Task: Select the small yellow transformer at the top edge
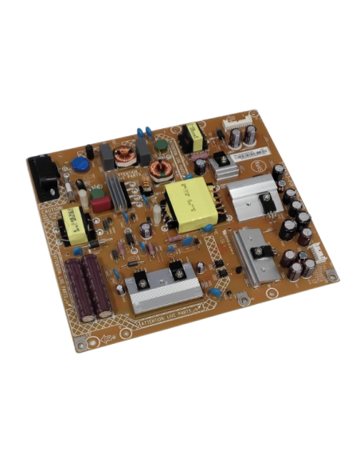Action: tap(192, 136)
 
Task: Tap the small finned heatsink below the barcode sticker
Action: tap(223, 166)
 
